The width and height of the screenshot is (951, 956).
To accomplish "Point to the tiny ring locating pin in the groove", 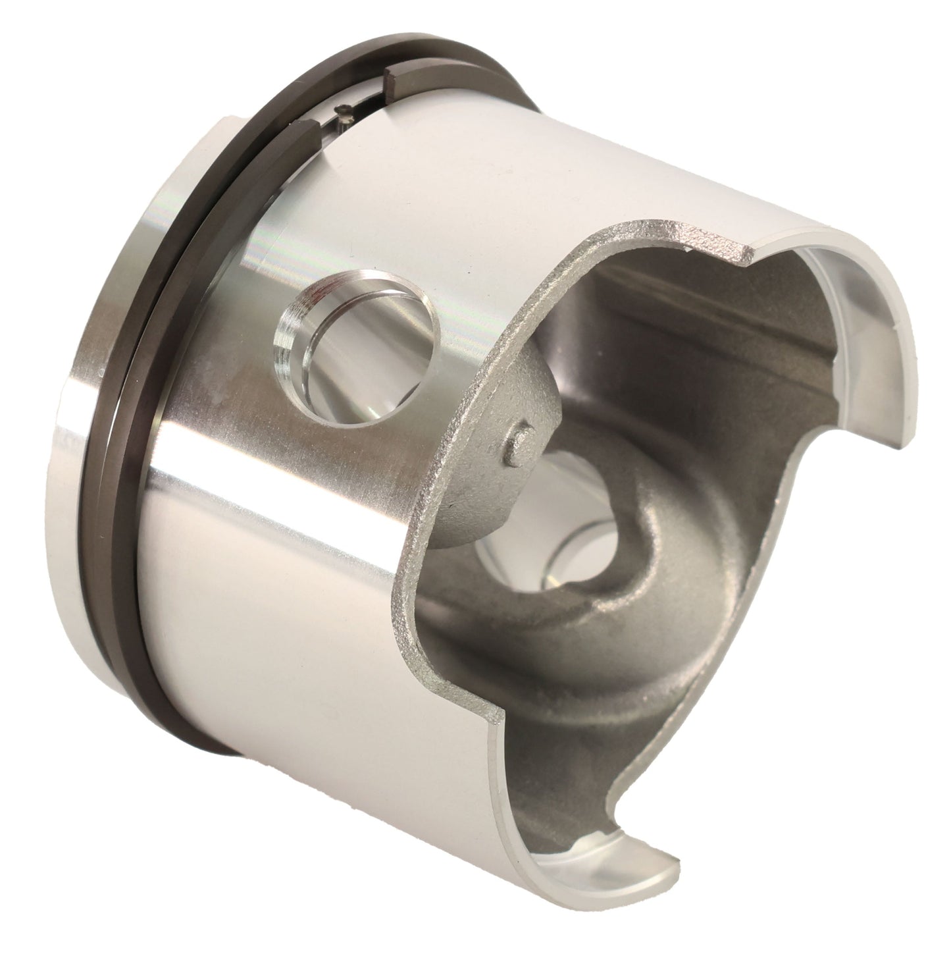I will (x=342, y=111).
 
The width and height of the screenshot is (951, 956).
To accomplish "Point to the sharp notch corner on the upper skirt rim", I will (x=754, y=253).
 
